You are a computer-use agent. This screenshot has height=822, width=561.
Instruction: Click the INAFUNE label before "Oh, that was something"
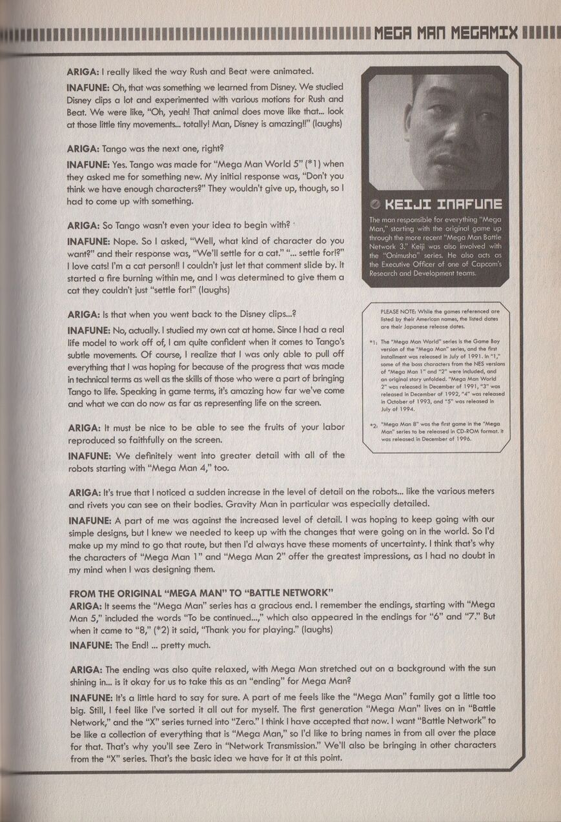tap(88, 87)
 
